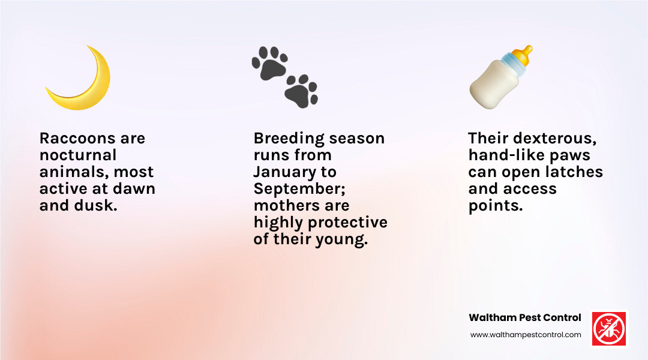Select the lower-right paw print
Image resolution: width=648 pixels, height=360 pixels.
(301, 91)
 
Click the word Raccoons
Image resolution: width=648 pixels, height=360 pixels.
(68, 138)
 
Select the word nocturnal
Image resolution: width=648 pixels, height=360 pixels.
(78, 155)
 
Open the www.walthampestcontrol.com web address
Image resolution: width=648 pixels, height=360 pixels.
(526, 335)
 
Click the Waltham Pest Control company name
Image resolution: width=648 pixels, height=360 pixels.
(524, 317)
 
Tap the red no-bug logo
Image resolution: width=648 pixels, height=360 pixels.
(609, 328)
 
